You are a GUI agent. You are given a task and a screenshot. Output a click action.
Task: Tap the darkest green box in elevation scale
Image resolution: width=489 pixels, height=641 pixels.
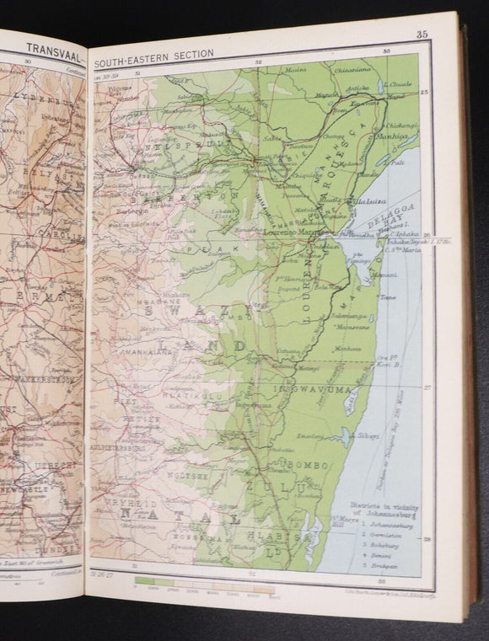[147, 580]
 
